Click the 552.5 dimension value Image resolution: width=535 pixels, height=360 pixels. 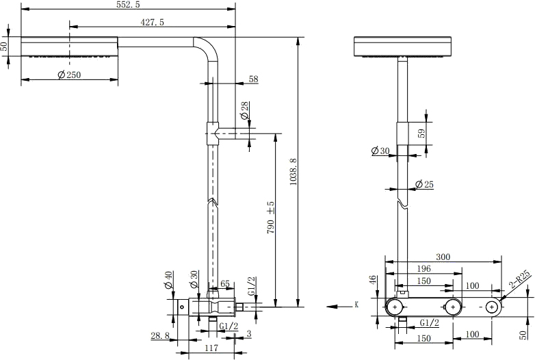point(129,5)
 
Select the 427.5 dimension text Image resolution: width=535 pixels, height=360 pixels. point(153,23)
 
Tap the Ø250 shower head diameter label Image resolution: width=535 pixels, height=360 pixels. point(69,75)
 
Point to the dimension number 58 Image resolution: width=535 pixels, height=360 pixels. point(253,79)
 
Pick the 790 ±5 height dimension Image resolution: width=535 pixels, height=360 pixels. point(271,215)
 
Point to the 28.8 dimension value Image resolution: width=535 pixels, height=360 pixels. point(159,335)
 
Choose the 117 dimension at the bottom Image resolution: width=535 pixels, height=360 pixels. point(211,348)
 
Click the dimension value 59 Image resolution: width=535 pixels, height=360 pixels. point(421,134)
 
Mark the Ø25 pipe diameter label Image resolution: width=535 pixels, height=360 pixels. point(425,185)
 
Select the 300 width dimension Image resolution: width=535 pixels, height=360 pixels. point(443,257)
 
